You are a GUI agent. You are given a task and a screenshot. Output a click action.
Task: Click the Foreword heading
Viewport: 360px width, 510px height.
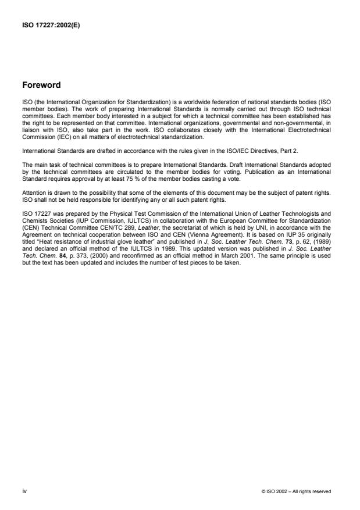pos(41,85)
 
